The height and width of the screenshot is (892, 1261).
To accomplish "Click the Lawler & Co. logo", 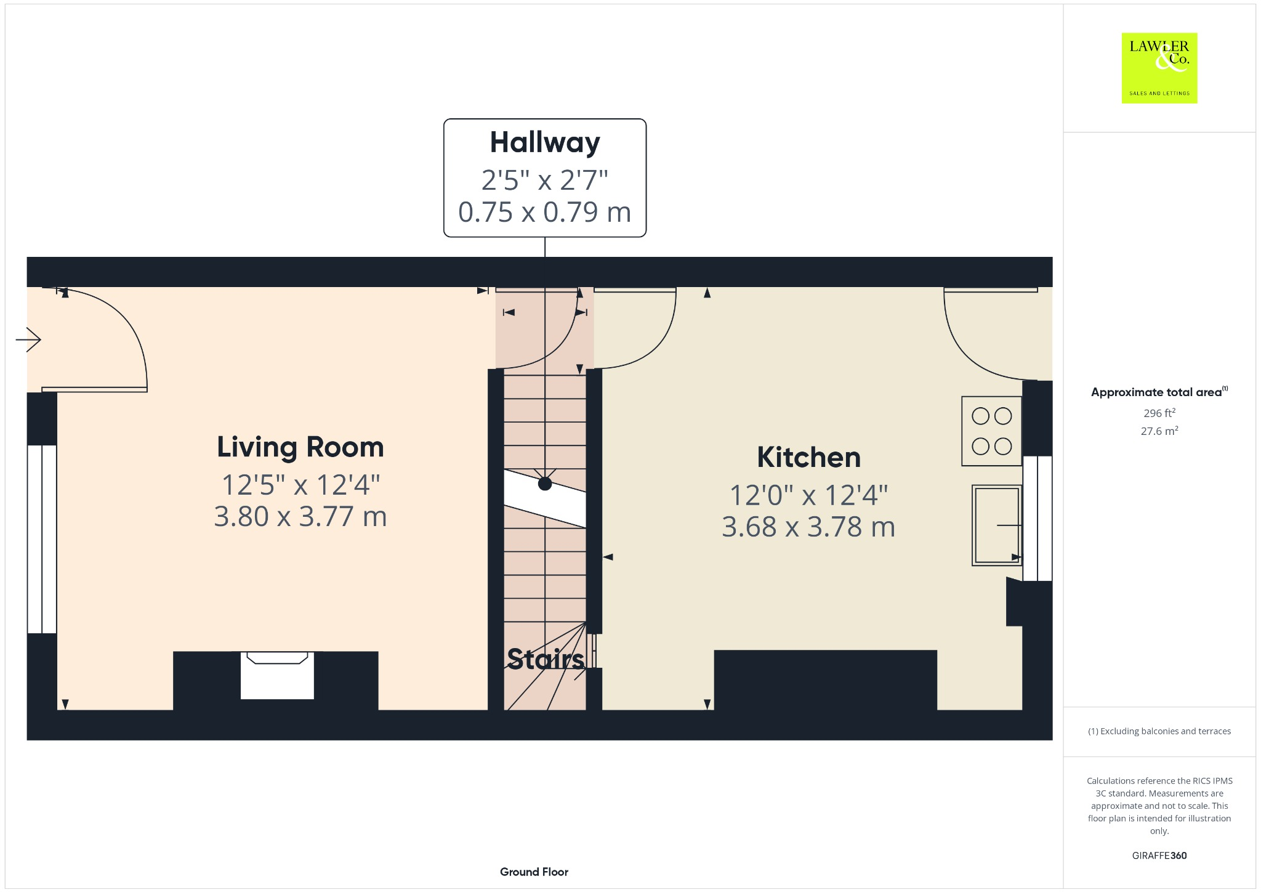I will click(1159, 68).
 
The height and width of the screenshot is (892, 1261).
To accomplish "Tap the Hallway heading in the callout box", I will click(545, 142).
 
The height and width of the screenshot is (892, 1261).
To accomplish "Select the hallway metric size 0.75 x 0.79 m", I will click(545, 212).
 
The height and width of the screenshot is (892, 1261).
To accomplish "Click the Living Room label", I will click(300, 447).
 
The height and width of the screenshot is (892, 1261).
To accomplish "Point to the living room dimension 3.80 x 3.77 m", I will click(300, 516).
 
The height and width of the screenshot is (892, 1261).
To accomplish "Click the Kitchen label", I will click(808, 457).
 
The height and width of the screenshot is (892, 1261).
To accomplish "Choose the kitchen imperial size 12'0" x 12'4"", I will click(808, 495).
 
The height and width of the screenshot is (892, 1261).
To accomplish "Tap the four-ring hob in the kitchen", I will click(991, 431).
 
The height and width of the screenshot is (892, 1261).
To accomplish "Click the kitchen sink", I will click(996, 525).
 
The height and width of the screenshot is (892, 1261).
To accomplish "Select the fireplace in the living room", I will click(277, 675).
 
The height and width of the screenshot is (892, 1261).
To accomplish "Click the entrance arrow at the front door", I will click(28, 339).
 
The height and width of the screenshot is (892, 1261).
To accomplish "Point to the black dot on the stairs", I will click(545, 484).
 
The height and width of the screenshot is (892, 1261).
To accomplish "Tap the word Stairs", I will click(545, 659).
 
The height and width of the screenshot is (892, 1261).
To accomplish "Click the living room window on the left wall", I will click(42, 539).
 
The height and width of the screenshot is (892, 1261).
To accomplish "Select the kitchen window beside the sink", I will click(1037, 518).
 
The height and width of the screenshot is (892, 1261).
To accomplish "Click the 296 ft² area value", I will click(1159, 413).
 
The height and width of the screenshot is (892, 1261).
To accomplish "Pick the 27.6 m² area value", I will click(1159, 431).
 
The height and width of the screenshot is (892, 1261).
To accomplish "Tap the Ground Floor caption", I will click(534, 872).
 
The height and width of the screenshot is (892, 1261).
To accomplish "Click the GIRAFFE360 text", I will click(1159, 855).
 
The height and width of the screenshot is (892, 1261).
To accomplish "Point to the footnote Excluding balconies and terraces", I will click(1159, 731).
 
